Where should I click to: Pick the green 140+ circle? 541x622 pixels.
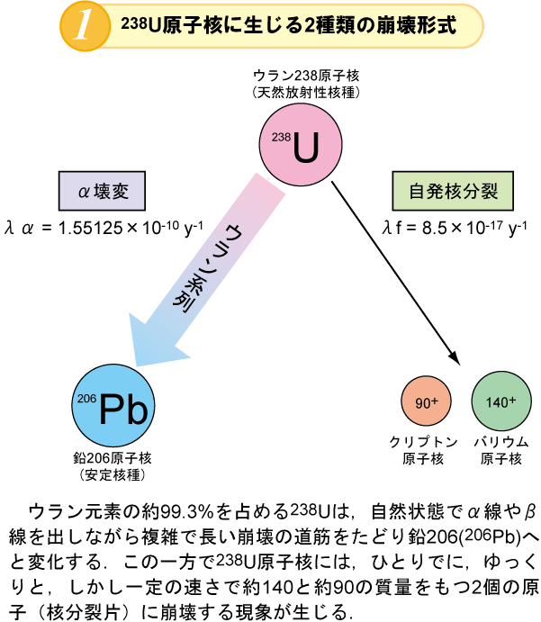coord(500,402)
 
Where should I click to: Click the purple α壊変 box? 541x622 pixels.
coord(101,191)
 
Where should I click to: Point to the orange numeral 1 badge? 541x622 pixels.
coord(82,26)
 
